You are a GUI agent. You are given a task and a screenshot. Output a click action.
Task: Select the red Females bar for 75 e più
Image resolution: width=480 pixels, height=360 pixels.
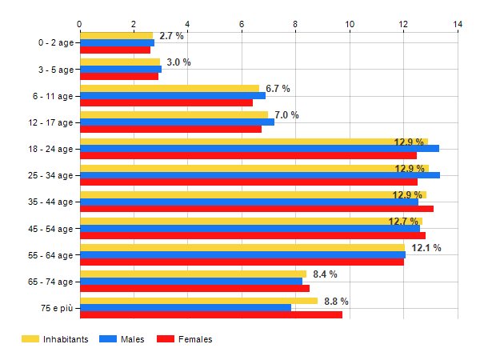click(211, 314)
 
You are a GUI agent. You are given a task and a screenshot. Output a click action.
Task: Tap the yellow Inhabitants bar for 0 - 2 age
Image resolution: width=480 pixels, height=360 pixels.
click(116, 35)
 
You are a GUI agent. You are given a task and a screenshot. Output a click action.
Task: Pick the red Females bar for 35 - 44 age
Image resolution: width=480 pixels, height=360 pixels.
click(256, 209)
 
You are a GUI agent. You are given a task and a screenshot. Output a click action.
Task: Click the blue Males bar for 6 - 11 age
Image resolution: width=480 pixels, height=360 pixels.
click(172, 95)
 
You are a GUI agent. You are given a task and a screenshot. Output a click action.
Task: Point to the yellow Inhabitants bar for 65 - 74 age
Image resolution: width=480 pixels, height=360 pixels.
click(193, 274)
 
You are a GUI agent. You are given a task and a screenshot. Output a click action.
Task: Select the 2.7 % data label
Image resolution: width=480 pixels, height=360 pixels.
click(171, 36)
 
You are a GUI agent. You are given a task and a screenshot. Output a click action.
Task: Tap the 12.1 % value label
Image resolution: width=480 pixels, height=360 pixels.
click(426, 248)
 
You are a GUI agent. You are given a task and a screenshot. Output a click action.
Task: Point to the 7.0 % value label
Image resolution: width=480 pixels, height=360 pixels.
click(286, 115)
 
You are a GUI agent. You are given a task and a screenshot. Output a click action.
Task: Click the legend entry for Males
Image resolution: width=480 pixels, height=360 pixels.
click(128, 339)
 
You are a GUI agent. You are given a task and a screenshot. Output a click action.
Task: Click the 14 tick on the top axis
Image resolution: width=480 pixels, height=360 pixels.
click(458, 24)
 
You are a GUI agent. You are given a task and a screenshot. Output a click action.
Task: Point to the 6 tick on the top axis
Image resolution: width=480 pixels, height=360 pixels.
click(242, 24)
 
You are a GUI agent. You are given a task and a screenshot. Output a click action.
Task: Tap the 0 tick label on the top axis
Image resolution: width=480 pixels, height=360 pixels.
click(79, 24)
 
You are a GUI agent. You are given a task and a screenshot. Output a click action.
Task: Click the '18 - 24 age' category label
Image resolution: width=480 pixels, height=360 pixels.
click(50, 149)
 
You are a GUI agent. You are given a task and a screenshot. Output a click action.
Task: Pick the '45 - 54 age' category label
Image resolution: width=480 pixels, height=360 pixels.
click(50, 229)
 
